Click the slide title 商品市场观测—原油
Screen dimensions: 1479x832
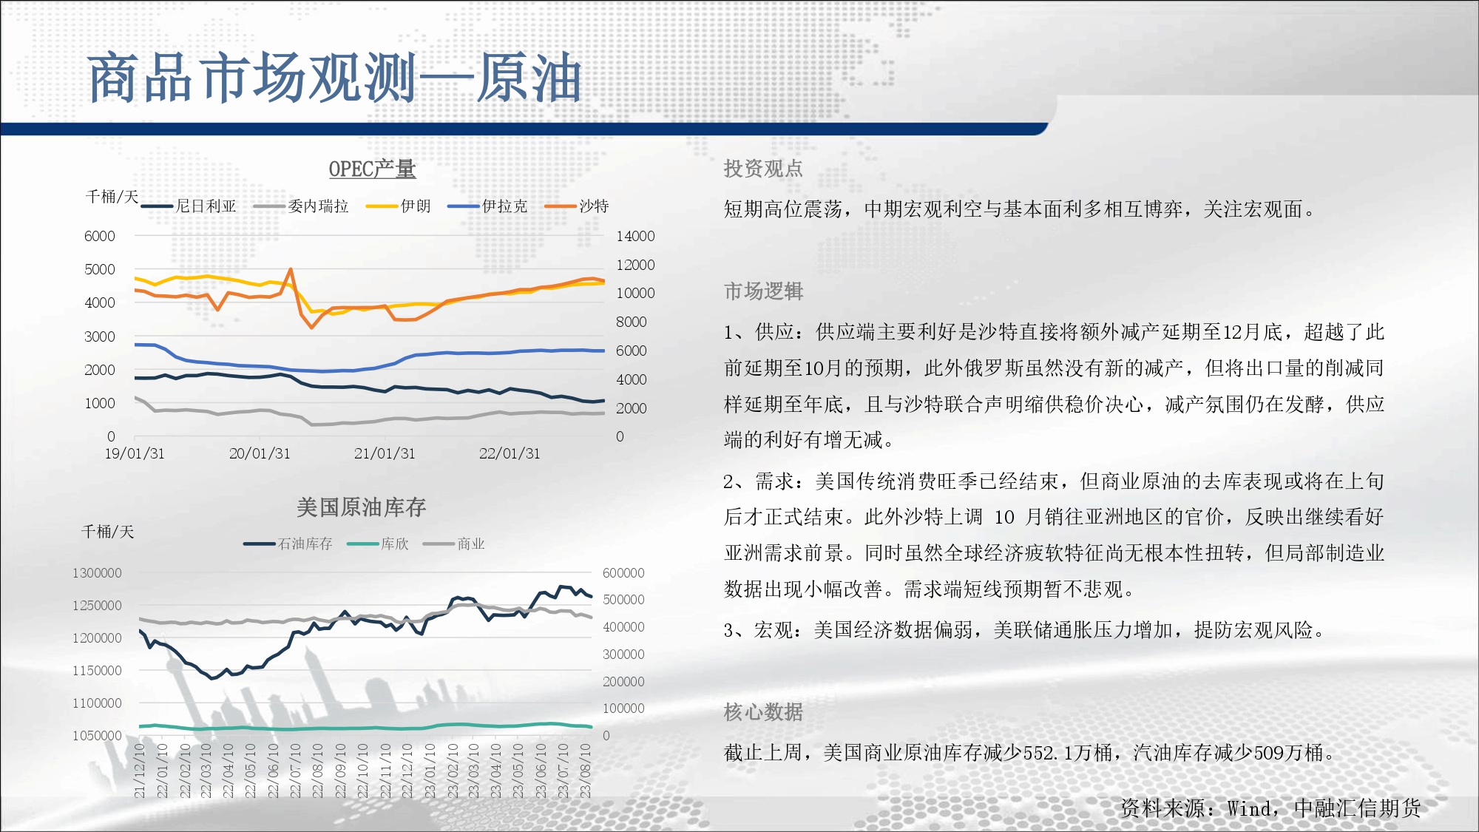334,78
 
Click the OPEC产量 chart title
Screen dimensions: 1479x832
372,169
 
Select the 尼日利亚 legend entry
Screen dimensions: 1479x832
189,206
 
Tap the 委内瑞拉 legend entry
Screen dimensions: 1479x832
301,206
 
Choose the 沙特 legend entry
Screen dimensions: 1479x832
577,206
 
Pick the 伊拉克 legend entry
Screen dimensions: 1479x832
487,206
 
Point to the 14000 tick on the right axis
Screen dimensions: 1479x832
635,236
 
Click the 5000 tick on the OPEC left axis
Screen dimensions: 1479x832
100,269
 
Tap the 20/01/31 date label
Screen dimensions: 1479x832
260,453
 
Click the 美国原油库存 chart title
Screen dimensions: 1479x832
361,507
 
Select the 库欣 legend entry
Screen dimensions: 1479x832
378,544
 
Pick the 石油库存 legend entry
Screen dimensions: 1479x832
288,544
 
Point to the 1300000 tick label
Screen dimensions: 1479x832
97,573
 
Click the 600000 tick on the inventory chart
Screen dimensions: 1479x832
623,573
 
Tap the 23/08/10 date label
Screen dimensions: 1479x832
585,771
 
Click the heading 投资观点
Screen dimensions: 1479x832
763,169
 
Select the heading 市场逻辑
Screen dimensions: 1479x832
763,291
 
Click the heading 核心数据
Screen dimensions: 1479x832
763,712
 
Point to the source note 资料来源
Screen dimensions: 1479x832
1270,808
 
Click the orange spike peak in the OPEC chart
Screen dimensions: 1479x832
291,269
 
